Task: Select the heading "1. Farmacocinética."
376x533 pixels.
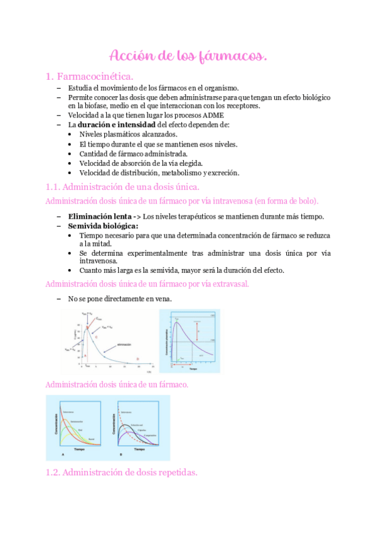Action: pos(89,76)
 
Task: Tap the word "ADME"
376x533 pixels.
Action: pos(212,115)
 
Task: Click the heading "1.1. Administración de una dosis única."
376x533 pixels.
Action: pos(122,187)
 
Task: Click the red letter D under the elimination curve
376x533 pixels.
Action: pos(137,359)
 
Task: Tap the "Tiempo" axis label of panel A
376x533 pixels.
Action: pos(77,449)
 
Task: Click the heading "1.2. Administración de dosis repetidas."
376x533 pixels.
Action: pos(122,472)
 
